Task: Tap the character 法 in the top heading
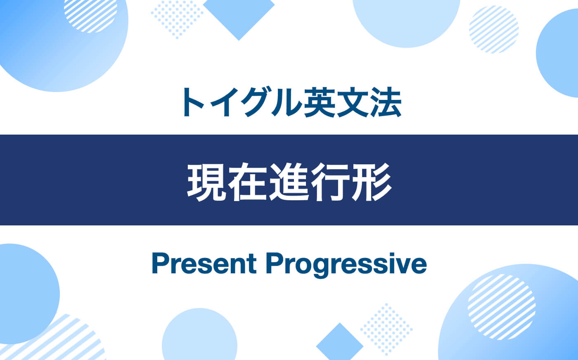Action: coord(385,102)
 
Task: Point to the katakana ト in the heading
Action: coord(192,102)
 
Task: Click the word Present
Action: coord(204,264)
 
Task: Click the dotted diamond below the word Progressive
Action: coord(386,329)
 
